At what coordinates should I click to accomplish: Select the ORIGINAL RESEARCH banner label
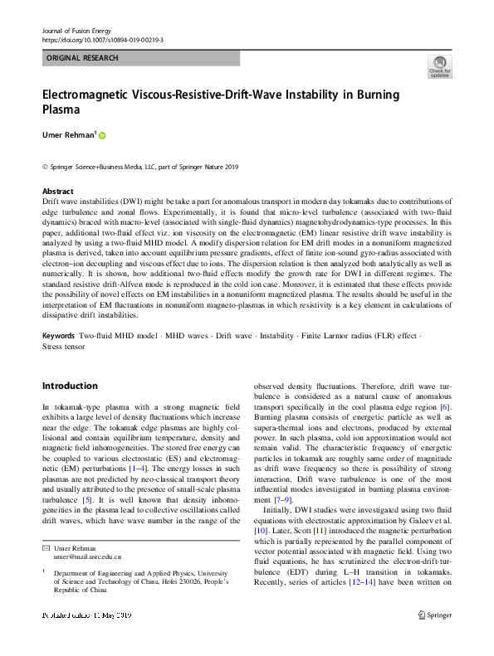pos(82,58)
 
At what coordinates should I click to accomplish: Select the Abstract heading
pos(58,191)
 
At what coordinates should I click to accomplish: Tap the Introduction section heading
pos(70,386)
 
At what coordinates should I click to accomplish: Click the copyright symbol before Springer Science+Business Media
pos(45,167)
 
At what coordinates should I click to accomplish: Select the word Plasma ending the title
pos(64,109)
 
